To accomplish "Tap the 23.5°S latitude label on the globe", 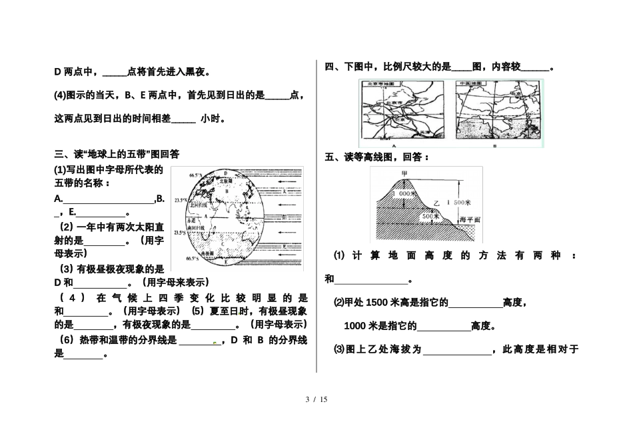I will point(179,233).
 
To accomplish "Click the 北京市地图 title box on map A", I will point(378,84).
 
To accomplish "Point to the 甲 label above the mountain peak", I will point(404,174).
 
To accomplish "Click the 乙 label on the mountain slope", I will point(437,204).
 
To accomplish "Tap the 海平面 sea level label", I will point(470,219).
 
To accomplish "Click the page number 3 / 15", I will point(316,399).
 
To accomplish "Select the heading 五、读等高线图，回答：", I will point(376,157).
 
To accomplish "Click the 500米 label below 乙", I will point(430,216).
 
